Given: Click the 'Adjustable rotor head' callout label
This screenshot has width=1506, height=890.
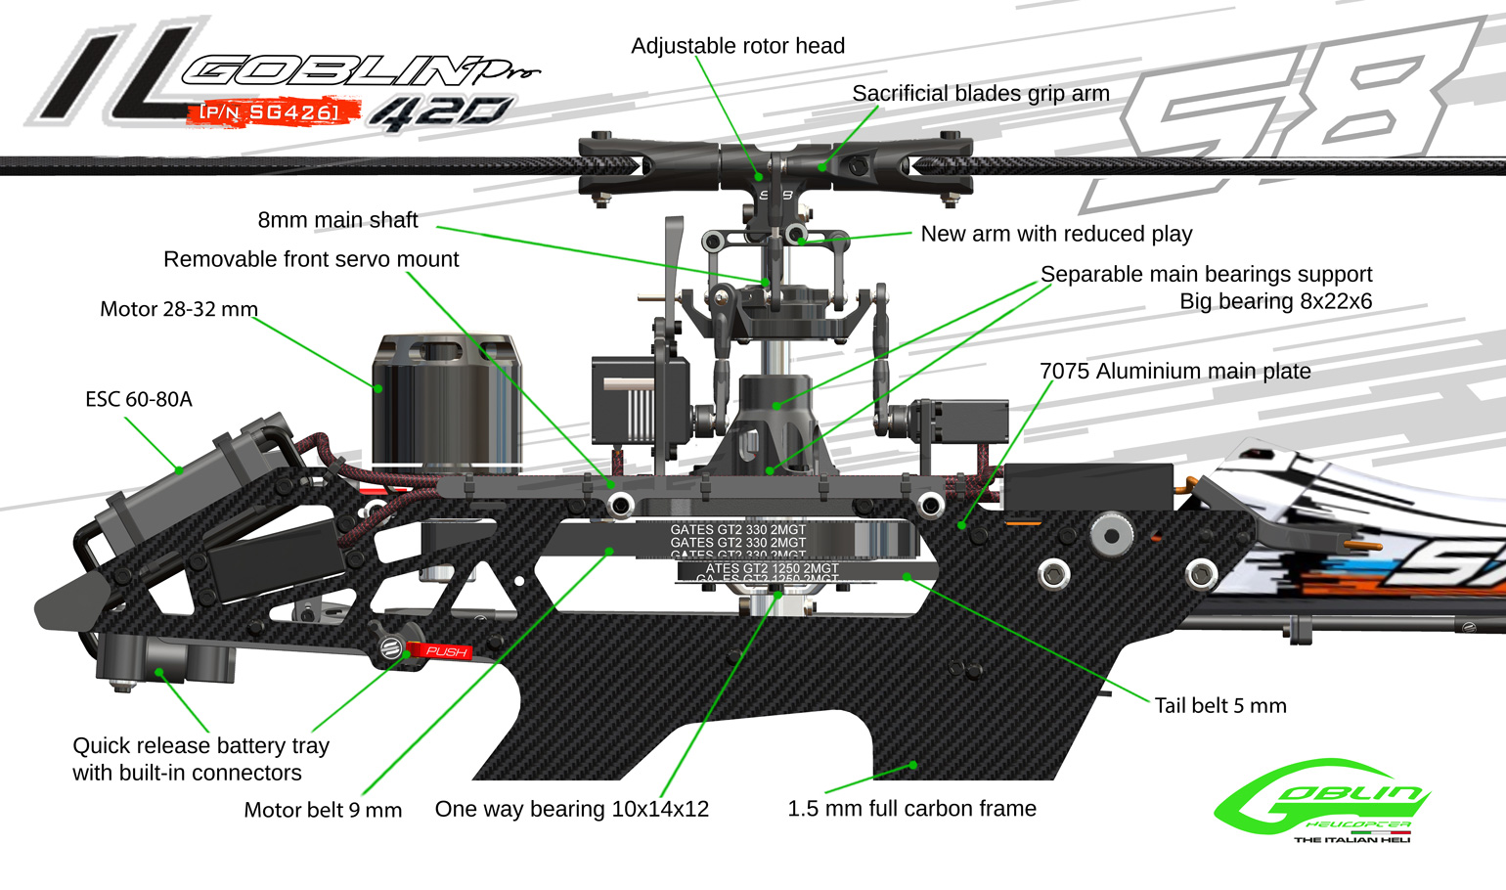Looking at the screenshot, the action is pos(737,46).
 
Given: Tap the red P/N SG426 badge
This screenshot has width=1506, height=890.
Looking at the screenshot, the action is pos(269,112).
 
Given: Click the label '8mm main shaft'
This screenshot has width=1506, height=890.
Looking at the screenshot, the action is pos(337,220).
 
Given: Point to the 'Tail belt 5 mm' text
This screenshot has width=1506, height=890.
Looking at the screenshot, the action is pos(1219,706).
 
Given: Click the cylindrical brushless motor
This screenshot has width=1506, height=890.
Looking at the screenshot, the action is pos(446,401).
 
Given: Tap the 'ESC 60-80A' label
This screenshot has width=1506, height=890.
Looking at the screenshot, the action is pos(139,399).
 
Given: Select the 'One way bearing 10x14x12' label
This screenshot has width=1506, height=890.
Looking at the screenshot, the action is pos(571,809).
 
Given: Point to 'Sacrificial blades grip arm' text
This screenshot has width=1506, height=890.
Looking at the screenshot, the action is pos(980,94).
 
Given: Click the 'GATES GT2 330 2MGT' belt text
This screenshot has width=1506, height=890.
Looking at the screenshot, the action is pos(737,531).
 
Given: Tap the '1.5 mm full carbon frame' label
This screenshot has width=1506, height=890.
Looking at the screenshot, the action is pos(911,809).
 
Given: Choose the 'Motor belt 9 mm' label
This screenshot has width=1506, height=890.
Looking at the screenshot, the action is pos(323,810).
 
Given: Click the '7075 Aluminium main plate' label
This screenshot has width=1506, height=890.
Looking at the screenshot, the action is pos(1174,372).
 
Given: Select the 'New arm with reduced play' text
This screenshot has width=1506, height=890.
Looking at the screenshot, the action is pos(1056,234).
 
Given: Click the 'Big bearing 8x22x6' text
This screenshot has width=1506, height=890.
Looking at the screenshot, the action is pos(1275,301).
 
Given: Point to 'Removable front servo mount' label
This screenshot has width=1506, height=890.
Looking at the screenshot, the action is pos(311,259).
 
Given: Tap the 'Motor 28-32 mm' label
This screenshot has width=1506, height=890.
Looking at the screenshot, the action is pos(179,309).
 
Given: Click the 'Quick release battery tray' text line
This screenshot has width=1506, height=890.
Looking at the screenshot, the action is pos(200,745).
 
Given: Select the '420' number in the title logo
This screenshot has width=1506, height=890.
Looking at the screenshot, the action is pos(440,113).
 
